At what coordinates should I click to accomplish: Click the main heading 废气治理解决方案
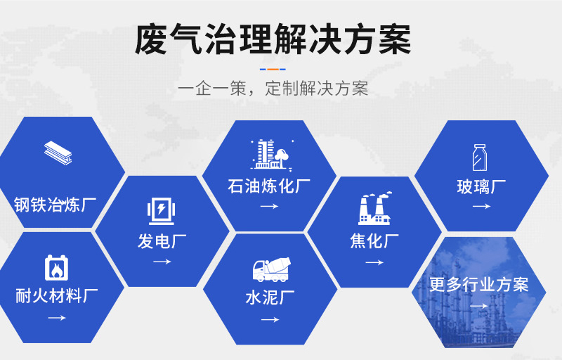tap(273, 39)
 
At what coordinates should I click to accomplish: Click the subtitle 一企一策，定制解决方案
tap(273, 88)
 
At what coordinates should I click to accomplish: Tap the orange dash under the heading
tap(273, 69)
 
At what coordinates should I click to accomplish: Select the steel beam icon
tap(58, 153)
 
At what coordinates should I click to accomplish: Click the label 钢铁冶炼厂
tap(55, 205)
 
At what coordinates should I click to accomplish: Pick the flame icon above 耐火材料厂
tap(57, 267)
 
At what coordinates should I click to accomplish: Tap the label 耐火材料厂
tap(57, 296)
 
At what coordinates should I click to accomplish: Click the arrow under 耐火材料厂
tap(57, 318)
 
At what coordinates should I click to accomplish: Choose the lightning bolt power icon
tap(162, 211)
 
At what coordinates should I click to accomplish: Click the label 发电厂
tap(162, 241)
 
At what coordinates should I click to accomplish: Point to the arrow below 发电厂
tap(162, 262)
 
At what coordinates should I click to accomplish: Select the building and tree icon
tap(271, 154)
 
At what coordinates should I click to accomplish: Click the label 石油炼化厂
tap(269, 186)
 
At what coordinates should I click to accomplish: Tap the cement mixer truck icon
tap(271, 269)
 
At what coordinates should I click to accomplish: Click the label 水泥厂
tap(270, 297)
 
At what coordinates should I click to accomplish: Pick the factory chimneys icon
tap(374, 208)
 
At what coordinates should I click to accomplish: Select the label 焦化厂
tap(374, 241)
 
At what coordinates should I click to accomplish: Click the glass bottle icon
tap(480, 157)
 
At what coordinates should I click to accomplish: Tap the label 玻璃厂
tap(481, 186)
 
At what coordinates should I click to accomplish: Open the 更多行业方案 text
tap(479, 284)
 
